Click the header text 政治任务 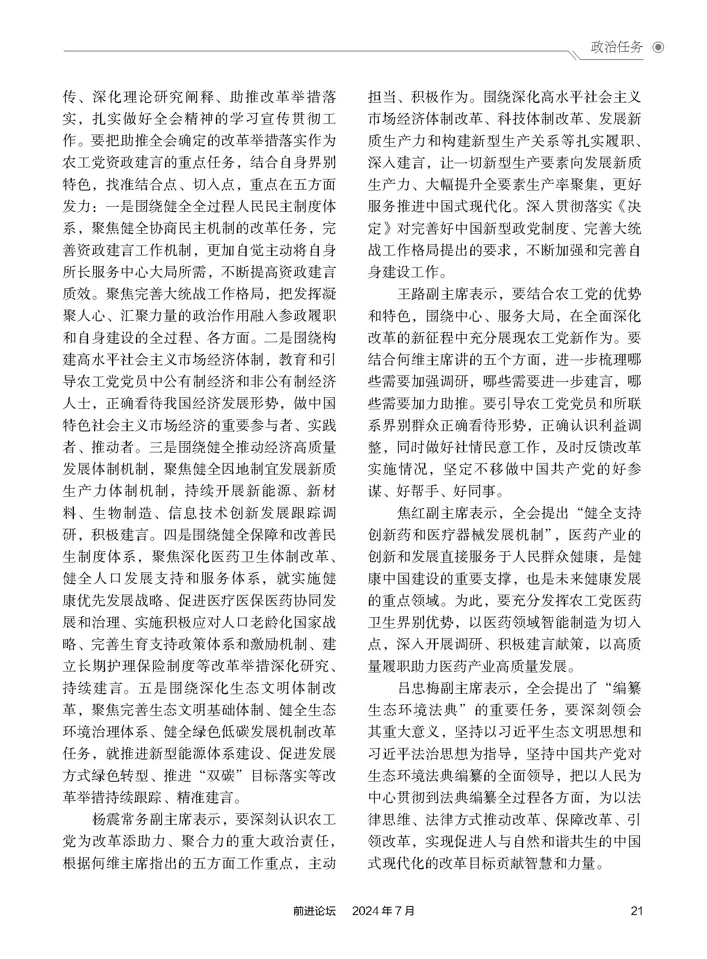point(616,47)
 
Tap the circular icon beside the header point(658,47)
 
